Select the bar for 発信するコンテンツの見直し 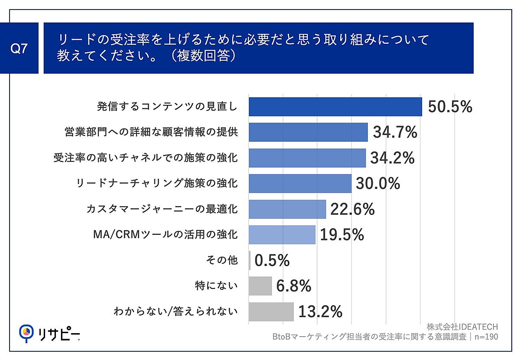click(335, 107)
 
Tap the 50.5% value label click(449, 107)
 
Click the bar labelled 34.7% click(308, 132)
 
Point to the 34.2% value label click(392, 158)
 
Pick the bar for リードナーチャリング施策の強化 click(300, 183)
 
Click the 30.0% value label click(377, 183)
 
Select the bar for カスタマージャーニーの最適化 click(287, 209)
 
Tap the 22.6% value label click(352, 209)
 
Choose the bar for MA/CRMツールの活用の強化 click(282, 235)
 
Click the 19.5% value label click(341, 235)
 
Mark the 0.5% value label click(272, 260)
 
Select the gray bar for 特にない click(260, 286)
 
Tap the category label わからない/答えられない click(175, 311)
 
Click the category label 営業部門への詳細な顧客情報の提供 click(151, 132)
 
